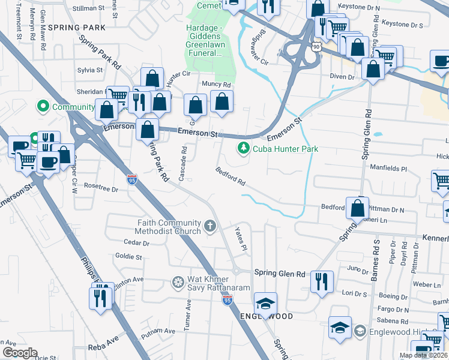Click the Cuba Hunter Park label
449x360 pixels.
[285, 149]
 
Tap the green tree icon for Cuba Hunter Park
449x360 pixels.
[243, 147]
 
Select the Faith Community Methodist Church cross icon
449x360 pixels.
[209, 226]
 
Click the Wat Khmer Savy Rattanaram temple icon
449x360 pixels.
[178, 281]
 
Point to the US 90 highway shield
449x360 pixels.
[316, 46]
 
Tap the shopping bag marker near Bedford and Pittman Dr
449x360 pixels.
[358, 208]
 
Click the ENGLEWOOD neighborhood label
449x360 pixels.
[267, 316]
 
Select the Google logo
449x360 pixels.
[20, 353]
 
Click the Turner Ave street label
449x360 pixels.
[188, 313]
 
